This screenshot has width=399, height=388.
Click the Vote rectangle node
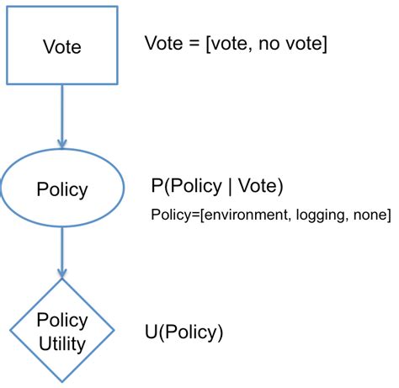pyautogui.click(x=61, y=46)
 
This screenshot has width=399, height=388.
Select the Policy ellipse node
pyautogui.click(x=61, y=189)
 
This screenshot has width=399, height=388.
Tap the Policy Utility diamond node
pyautogui.click(x=61, y=331)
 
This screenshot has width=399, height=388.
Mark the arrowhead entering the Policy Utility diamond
pyautogui.click(x=61, y=274)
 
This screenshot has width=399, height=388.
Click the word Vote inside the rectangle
pyautogui.click(x=61, y=46)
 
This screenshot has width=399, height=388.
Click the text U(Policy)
pyautogui.click(x=184, y=332)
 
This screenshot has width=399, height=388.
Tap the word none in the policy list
pyautogui.click(x=368, y=215)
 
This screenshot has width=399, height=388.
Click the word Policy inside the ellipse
pyautogui.click(x=61, y=189)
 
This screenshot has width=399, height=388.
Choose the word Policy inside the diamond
pyautogui.click(x=61, y=321)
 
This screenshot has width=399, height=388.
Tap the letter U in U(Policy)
pyautogui.click(x=152, y=332)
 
